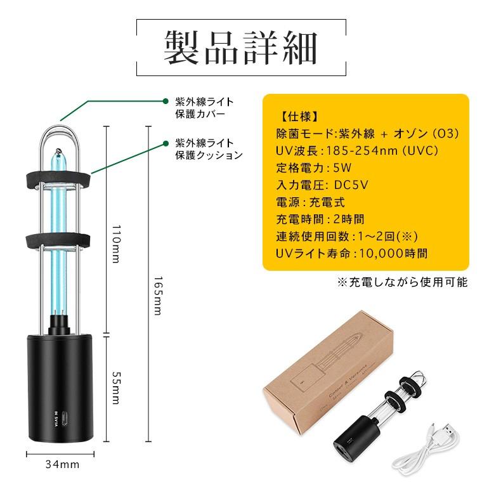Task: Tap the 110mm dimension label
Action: (x=115, y=247)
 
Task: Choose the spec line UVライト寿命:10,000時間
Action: (x=351, y=253)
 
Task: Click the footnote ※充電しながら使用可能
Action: (x=401, y=282)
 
